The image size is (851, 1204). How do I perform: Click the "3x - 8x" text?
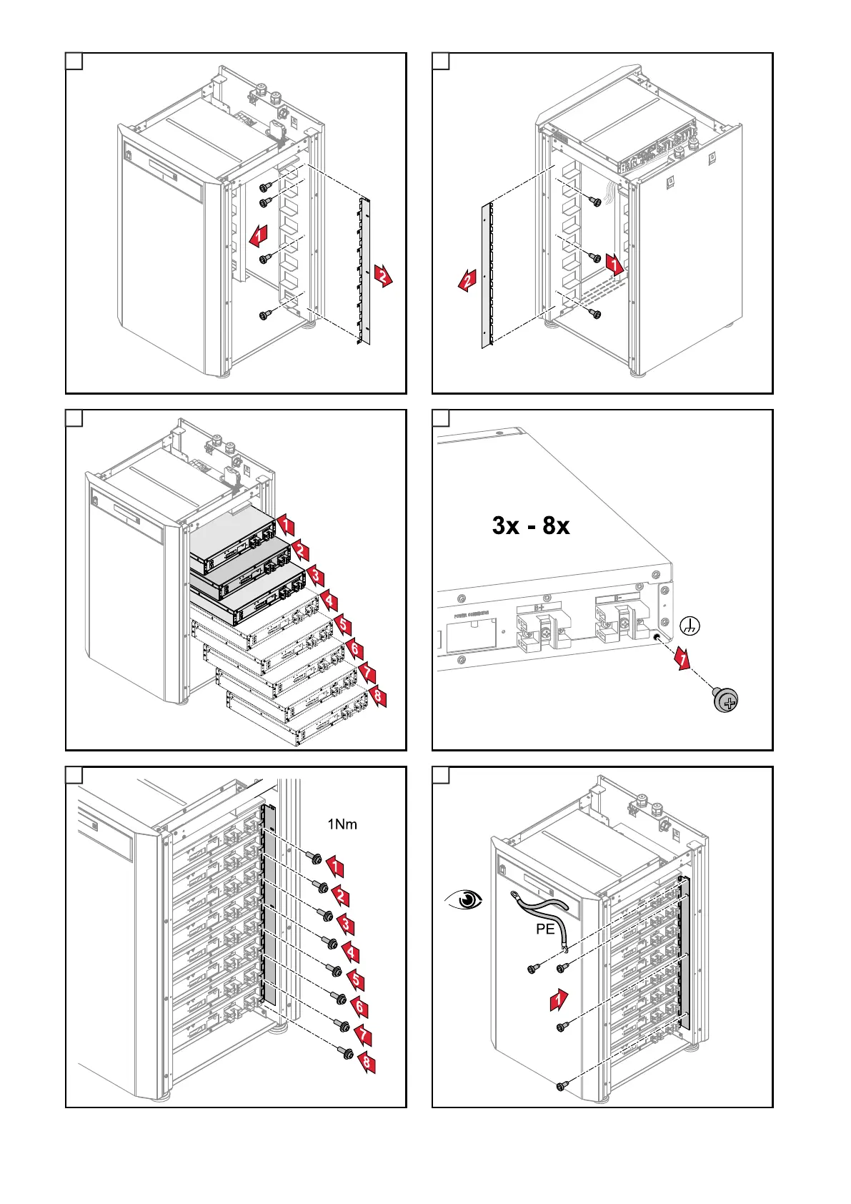pyautogui.click(x=531, y=526)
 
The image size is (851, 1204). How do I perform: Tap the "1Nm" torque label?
pyautogui.click(x=342, y=824)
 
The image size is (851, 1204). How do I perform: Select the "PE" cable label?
pyautogui.click(x=545, y=929)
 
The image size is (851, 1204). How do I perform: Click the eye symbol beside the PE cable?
pyautogui.click(x=464, y=899)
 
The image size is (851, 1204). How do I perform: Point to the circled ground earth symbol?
pyautogui.click(x=690, y=626)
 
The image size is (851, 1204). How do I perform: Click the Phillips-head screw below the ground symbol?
pyautogui.click(x=726, y=700)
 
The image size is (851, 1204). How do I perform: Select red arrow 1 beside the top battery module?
pyautogui.click(x=285, y=525)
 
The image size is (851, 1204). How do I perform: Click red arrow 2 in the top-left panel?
pyautogui.click(x=384, y=275)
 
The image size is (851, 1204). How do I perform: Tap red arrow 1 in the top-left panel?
pyautogui.click(x=262, y=232)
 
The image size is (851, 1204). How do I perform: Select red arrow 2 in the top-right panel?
pyautogui.click(x=468, y=281)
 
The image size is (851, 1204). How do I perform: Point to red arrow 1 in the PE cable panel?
pyautogui.click(x=559, y=1000)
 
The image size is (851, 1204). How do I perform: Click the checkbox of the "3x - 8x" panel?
pyautogui.click(x=442, y=418)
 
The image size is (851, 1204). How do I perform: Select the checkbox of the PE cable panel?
pyautogui.click(x=442, y=776)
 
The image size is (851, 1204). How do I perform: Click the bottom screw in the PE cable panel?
pyautogui.click(x=561, y=1086)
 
